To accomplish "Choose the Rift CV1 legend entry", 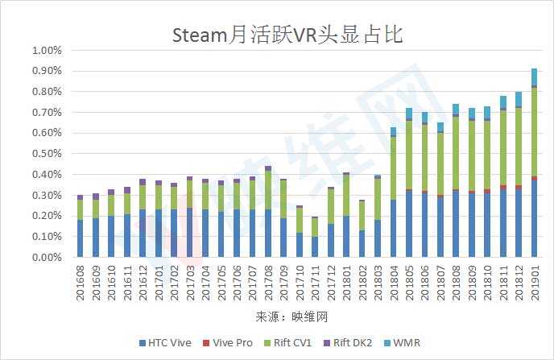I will [290, 342].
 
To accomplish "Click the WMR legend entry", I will [403, 342].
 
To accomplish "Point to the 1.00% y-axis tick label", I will [46, 50].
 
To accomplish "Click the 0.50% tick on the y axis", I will [46, 154].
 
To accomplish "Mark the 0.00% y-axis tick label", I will [46, 258].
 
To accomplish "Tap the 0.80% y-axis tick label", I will [46, 92].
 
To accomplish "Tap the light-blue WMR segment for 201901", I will [533, 77].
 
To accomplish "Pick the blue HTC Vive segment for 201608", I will [80, 238].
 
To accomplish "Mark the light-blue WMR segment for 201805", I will [408, 113].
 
